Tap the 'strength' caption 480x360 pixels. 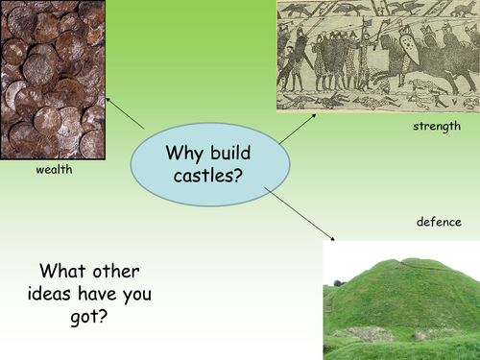click(x=437, y=126)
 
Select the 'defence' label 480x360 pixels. click(x=439, y=222)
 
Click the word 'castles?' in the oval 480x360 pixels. click(x=204, y=176)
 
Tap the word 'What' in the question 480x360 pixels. click(x=62, y=271)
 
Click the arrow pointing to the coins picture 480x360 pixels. click(x=125, y=113)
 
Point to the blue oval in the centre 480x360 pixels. click(x=205, y=163)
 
